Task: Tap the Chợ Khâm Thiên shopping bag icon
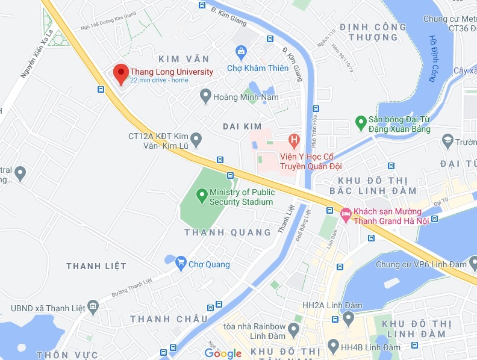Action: [241, 52]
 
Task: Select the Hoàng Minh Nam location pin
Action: [205, 96]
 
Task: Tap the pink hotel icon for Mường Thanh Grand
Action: [346, 214]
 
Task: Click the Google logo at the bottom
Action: [223, 353]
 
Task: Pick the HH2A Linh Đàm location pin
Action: [348, 317]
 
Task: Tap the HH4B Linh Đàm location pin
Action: [332, 346]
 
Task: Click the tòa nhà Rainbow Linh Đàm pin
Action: [293, 330]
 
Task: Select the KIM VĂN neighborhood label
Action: [184, 59]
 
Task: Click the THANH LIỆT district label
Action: [96, 266]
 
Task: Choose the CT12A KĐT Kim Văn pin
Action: [196, 140]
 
